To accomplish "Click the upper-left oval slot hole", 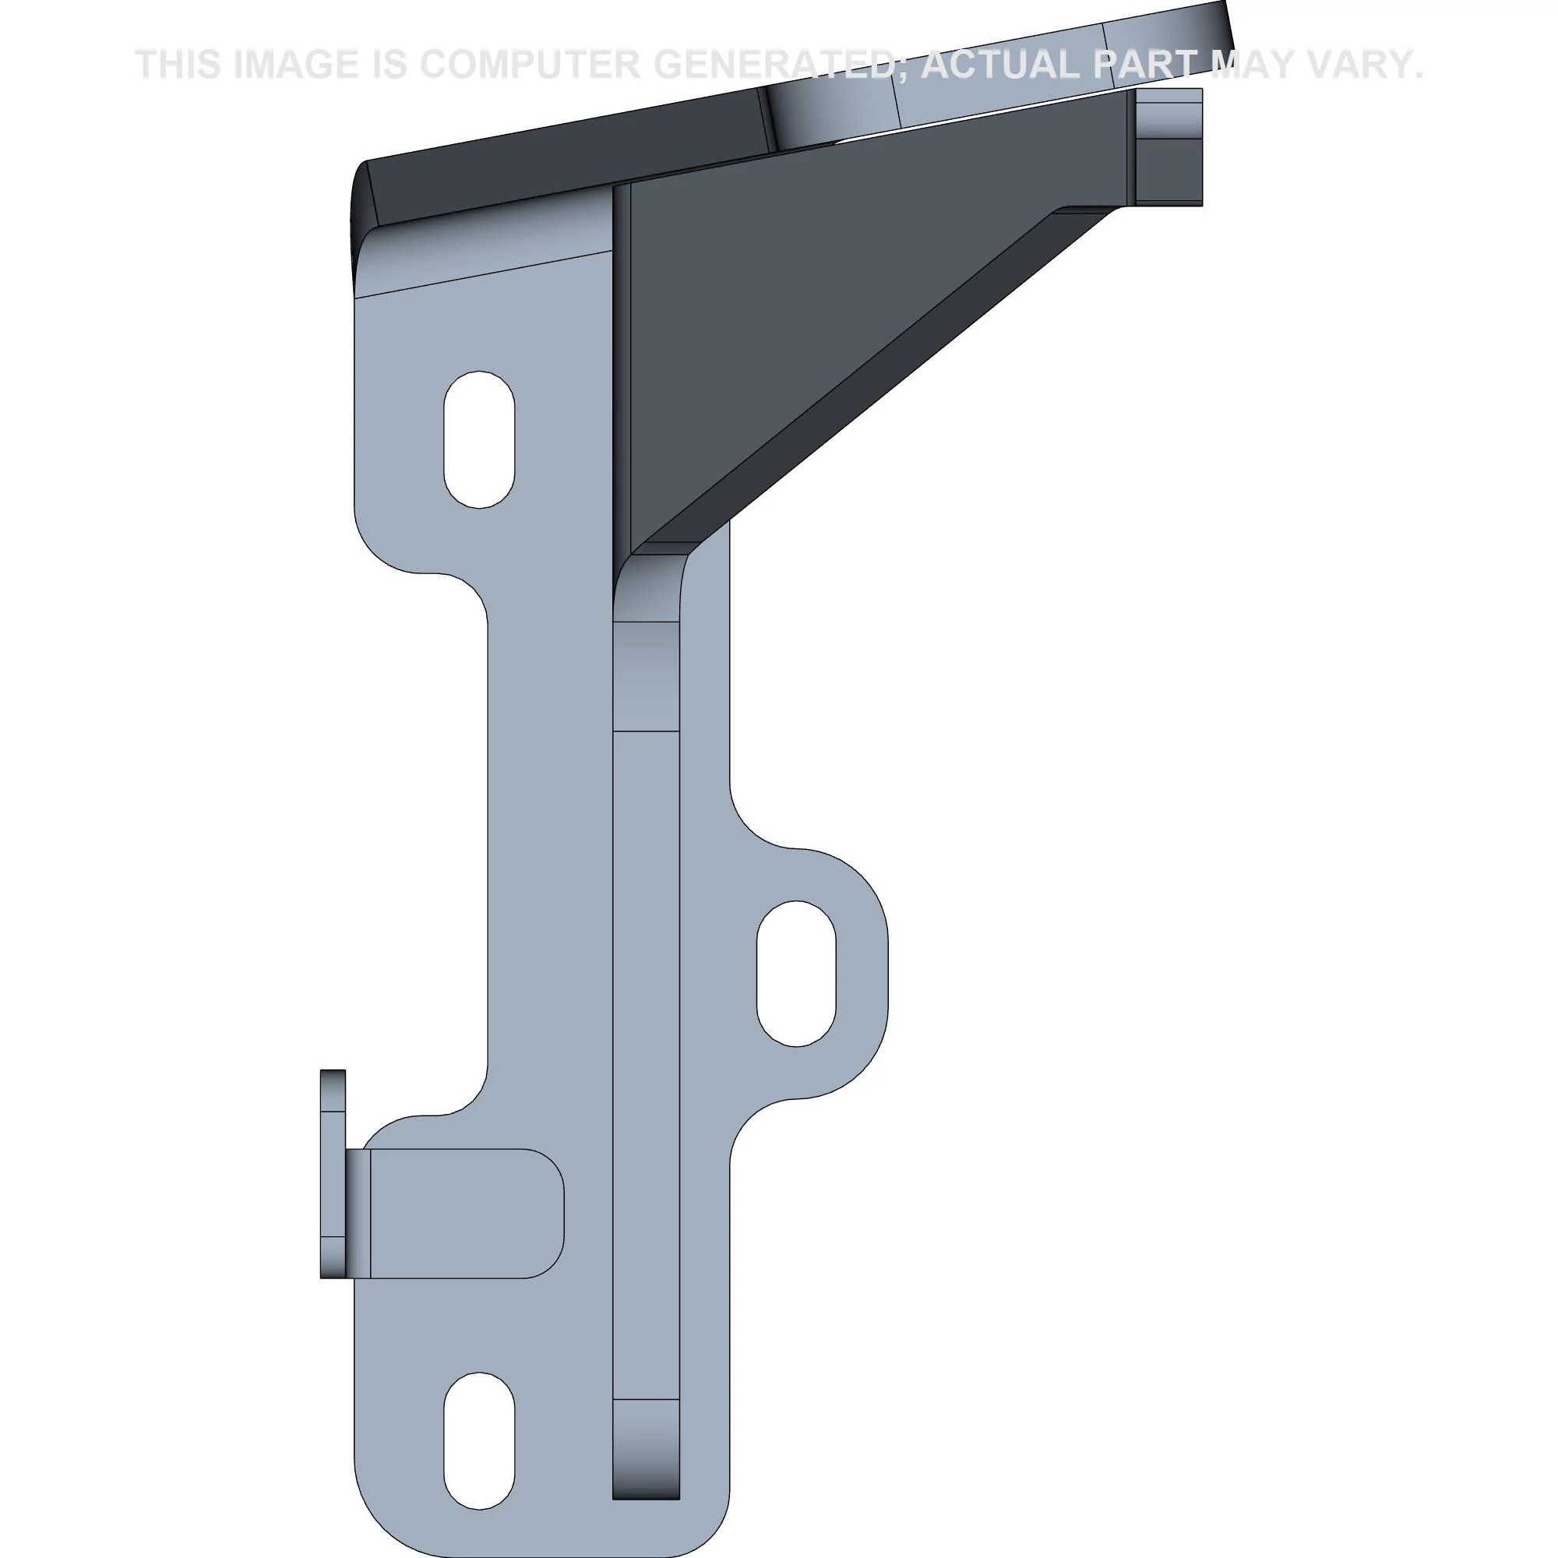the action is [479, 439].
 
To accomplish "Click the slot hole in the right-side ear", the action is [796, 973].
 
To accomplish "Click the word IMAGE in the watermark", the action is [296, 65].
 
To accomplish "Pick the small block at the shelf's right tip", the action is [1168, 146].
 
